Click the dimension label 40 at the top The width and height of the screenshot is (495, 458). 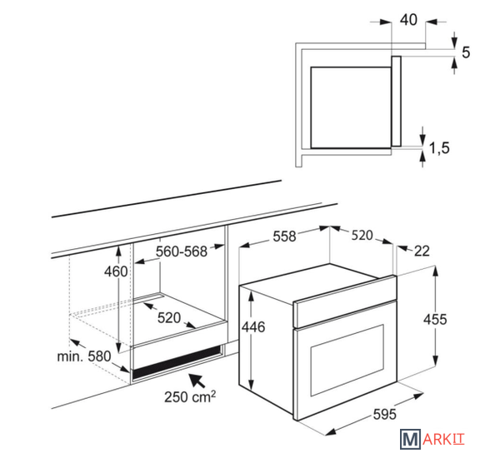[408, 19]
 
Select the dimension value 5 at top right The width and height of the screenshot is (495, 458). [466, 52]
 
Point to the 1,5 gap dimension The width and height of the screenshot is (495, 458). [439, 148]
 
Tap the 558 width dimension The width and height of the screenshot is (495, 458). [284, 236]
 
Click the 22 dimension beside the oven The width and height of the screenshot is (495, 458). [422, 251]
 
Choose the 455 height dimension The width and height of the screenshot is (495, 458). [435, 320]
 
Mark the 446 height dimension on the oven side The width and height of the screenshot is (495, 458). [253, 327]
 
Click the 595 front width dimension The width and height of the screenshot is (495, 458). [384, 414]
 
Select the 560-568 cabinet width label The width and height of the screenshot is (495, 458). [182, 251]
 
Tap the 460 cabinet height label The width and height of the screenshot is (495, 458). [116, 271]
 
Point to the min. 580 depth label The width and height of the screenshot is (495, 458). [84, 356]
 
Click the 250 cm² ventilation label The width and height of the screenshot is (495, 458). [190, 396]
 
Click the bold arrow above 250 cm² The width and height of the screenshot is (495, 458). [197, 381]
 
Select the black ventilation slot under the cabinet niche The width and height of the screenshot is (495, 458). [177, 361]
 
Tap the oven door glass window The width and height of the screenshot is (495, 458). [347, 360]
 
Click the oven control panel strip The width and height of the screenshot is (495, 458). [345, 302]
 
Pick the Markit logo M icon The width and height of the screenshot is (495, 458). [410, 439]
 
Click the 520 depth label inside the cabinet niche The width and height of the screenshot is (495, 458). [169, 318]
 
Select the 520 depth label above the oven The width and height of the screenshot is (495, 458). [362, 236]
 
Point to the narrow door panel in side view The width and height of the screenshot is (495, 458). [396, 102]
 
